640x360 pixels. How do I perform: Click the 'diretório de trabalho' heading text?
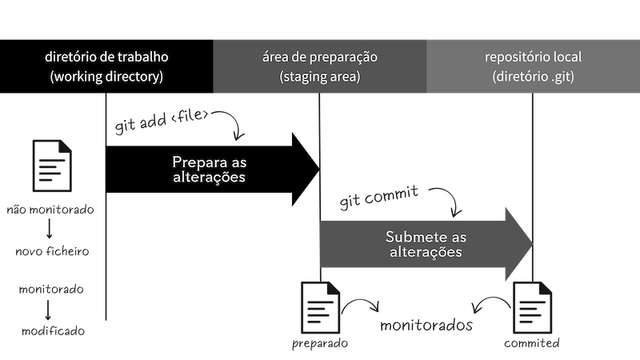click(x=106, y=58)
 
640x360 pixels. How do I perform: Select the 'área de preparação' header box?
click(x=319, y=66)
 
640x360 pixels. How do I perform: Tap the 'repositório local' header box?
click(x=533, y=66)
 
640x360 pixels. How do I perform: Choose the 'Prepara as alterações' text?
click(x=208, y=169)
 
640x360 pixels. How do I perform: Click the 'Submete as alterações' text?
click(x=425, y=244)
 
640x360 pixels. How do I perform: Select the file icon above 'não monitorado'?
click(x=51, y=165)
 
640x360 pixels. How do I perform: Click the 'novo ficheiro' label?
click(x=51, y=251)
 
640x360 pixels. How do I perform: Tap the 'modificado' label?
click(x=51, y=330)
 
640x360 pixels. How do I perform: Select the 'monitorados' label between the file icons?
click(x=426, y=326)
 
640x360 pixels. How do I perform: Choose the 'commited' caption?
click(x=531, y=343)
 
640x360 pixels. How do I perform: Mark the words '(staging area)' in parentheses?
click(x=319, y=78)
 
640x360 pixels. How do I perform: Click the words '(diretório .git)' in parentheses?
click(x=533, y=78)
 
